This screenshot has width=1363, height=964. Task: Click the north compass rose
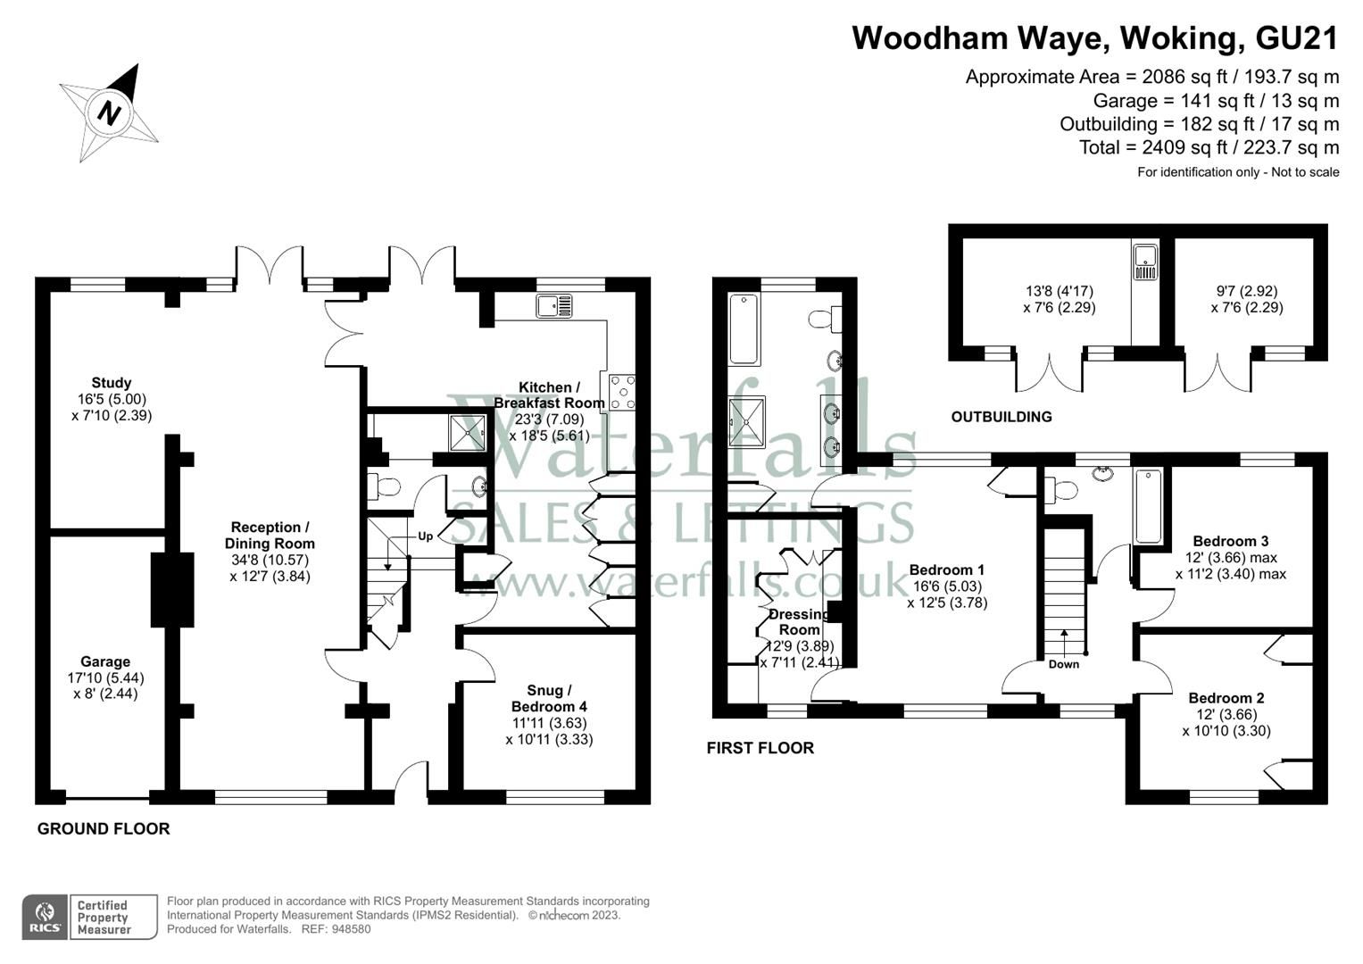coord(109,112)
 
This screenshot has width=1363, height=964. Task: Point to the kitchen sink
coord(554,306)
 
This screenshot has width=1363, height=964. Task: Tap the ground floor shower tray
coord(467,433)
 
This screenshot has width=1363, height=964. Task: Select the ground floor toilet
coord(384,487)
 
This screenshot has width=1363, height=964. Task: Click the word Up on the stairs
coord(426,536)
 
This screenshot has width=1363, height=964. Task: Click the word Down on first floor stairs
coord(1063,664)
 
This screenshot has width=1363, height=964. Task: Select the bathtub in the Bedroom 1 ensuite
coord(744,329)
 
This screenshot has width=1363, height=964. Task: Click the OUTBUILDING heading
coord(1001,417)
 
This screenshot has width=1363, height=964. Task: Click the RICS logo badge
coord(44,917)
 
